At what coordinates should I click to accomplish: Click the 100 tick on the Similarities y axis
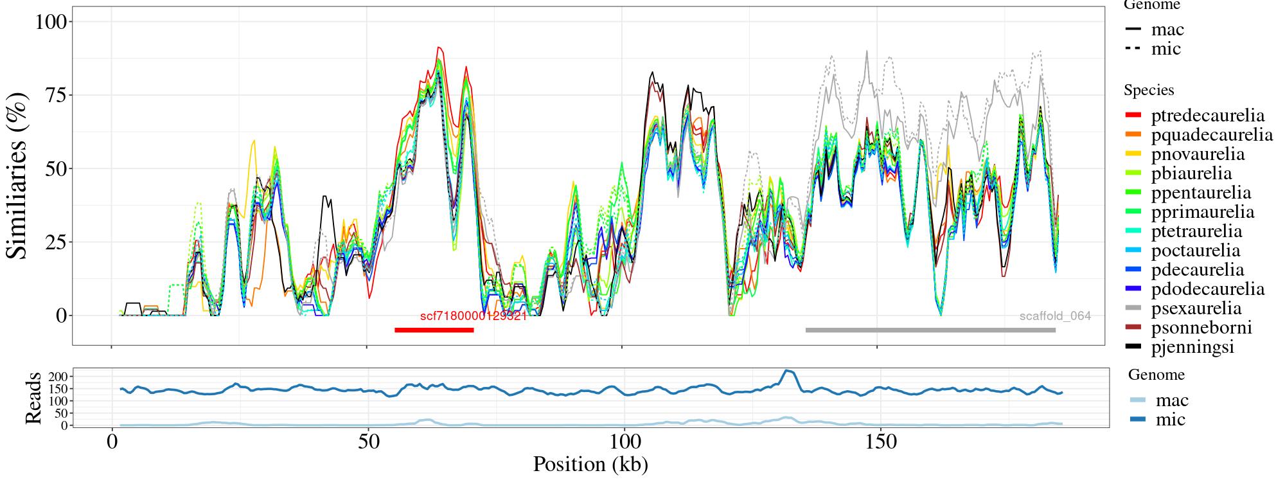(51, 22)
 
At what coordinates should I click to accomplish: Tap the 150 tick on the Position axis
(877, 443)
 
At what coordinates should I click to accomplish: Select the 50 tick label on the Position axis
(368, 443)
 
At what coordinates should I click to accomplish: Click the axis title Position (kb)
(590, 464)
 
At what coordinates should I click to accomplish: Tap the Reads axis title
(33, 398)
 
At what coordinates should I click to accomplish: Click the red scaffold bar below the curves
(434, 330)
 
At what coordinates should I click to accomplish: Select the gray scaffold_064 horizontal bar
(930, 330)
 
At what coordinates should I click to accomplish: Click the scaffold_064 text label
(1054, 316)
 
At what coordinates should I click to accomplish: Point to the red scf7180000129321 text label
(474, 316)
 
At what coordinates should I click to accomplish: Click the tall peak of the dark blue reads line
(788, 371)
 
